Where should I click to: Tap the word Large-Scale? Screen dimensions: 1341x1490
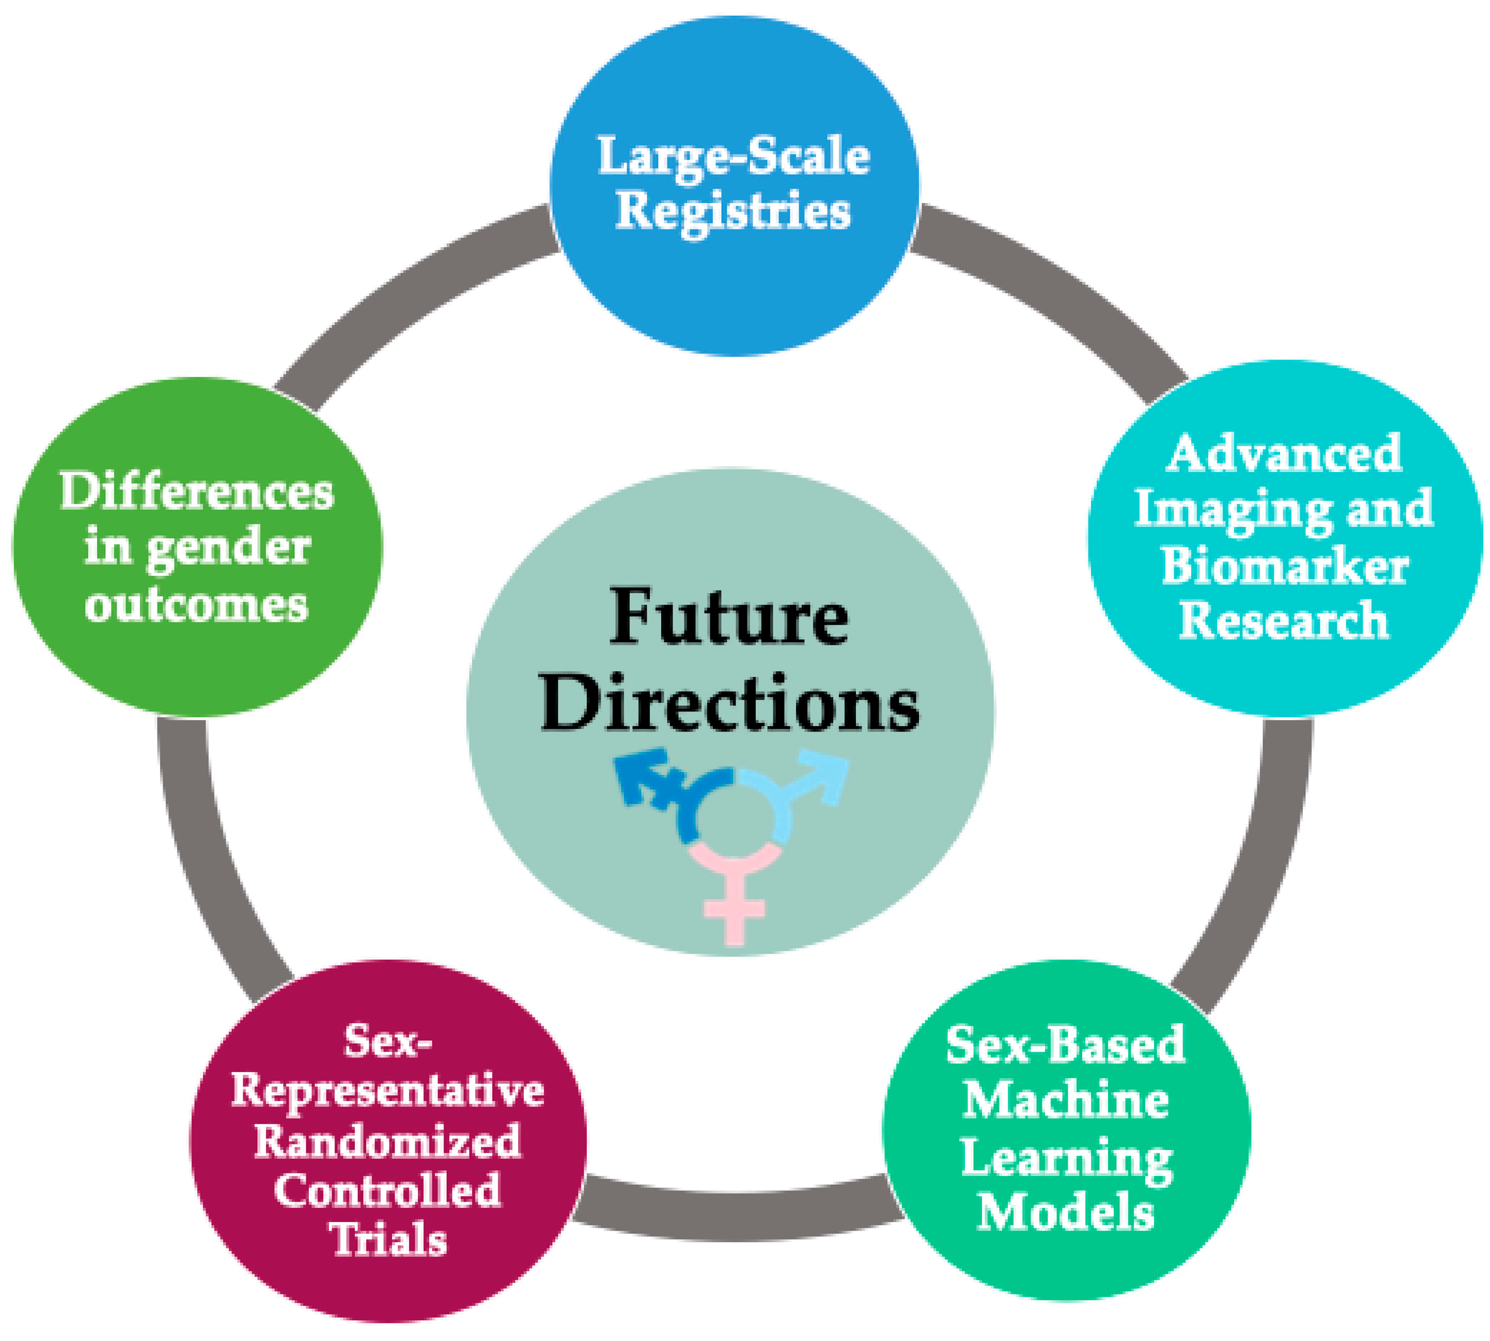click(733, 156)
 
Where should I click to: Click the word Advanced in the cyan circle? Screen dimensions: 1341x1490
click(1285, 453)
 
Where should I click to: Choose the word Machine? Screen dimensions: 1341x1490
click(1066, 1102)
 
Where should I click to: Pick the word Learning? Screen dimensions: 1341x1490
click(1066, 1158)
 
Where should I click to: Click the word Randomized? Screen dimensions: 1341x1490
click(388, 1141)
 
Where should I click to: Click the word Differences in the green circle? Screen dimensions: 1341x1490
click(197, 492)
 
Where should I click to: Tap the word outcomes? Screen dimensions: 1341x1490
click(197, 606)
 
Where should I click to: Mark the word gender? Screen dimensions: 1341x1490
click(228, 550)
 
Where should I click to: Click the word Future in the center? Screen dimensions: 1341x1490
click(729, 618)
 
